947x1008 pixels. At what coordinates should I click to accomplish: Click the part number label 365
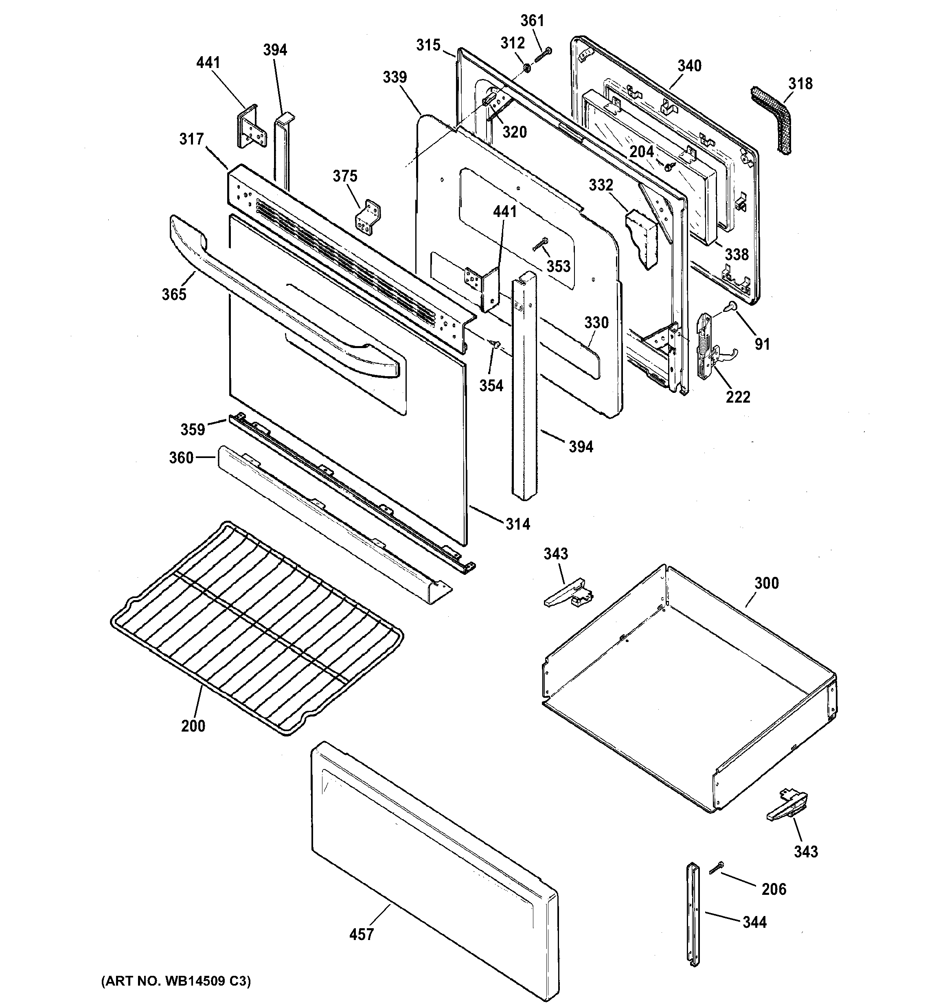[174, 294]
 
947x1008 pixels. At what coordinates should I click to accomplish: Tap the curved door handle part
[284, 304]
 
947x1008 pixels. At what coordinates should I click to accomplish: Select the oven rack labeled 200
[256, 629]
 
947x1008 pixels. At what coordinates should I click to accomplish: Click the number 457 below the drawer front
[362, 934]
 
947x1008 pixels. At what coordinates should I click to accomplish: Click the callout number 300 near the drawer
[766, 583]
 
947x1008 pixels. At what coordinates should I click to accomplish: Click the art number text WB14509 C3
[176, 981]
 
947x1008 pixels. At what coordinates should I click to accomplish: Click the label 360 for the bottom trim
[182, 458]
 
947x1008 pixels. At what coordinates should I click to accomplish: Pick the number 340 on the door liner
[689, 66]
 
